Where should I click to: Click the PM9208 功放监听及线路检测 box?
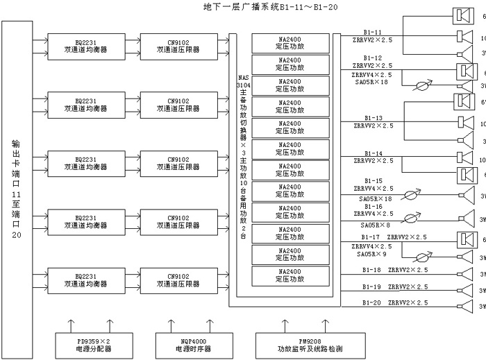coord(299,344)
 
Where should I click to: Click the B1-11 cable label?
coord(372,33)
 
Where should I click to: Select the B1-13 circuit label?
coord(373,119)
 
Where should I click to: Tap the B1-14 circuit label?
coord(373,153)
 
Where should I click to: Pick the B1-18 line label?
coord(371,269)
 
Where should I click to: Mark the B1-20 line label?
coord(371,302)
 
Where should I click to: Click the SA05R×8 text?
coord(375,224)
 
